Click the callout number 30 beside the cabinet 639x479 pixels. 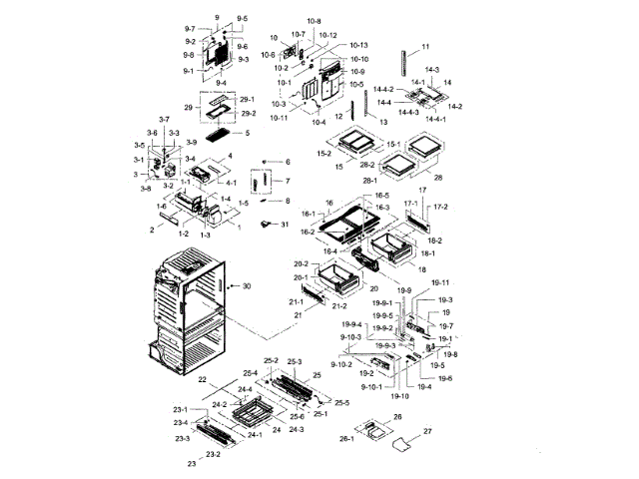pyautogui.click(x=247, y=286)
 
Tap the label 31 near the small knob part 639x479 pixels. pyautogui.click(x=286, y=224)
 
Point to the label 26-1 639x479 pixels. pyautogui.click(x=347, y=438)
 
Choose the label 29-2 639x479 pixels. pyautogui.click(x=249, y=114)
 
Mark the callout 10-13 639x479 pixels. pyautogui.click(x=359, y=46)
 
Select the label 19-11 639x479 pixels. pyautogui.click(x=439, y=282)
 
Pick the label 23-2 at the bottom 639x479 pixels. pyautogui.click(x=212, y=454)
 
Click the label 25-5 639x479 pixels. pyautogui.click(x=341, y=402)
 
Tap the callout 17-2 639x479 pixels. pyautogui.click(x=440, y=207)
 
